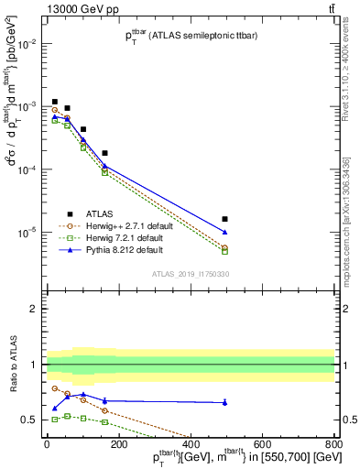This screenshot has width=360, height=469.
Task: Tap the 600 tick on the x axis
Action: pos(262,443)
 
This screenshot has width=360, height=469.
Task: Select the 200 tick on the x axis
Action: pos(118,443)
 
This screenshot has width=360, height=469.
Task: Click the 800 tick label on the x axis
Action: pos(333,443)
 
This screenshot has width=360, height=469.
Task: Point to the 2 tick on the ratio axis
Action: pos(32,309)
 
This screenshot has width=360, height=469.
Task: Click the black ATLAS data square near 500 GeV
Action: pos(224,219)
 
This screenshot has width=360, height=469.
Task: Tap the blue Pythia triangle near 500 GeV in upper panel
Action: pos(224,232)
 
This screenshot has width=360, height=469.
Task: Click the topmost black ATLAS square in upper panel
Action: pos(55,102)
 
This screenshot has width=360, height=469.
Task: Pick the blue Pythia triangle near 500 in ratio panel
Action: pos(224,402)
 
